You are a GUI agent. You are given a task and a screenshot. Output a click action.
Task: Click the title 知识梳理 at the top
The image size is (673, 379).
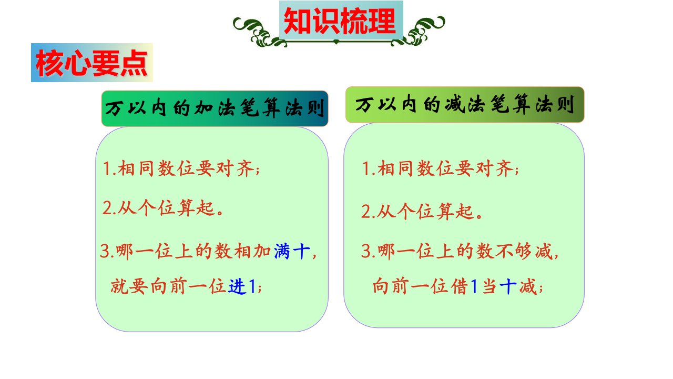[340, 21]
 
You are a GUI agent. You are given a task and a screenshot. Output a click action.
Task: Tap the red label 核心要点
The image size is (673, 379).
[91, 63]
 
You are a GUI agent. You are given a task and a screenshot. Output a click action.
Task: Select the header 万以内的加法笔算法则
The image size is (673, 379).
[215, 108]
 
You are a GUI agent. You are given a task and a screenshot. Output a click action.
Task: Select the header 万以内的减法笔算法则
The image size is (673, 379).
[464, 104]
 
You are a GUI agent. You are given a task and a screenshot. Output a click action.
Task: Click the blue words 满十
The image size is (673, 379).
[292, 251]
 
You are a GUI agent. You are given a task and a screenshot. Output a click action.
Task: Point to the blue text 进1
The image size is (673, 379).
[242, 286]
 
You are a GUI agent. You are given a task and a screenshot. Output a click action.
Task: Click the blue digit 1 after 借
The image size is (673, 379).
[474, 286]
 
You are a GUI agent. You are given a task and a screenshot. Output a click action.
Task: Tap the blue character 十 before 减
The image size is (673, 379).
[508, 286]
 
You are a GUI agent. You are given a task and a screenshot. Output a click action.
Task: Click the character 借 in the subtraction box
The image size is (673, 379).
[459, 286]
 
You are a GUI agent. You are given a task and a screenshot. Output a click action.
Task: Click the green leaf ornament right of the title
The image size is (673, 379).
[419, 31]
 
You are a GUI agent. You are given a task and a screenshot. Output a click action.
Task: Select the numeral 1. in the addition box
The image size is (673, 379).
[109, 168]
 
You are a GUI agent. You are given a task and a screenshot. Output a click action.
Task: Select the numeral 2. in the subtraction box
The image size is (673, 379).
[369, 212]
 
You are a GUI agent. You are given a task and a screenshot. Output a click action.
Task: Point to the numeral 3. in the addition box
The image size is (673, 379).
[108, 252]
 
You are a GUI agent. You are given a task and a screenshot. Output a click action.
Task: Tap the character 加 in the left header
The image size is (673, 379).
[205, 108]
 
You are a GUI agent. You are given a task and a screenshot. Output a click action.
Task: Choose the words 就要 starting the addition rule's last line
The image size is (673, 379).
[129, 286]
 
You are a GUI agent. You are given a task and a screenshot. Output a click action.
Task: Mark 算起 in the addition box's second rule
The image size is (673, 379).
[196, 208]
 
